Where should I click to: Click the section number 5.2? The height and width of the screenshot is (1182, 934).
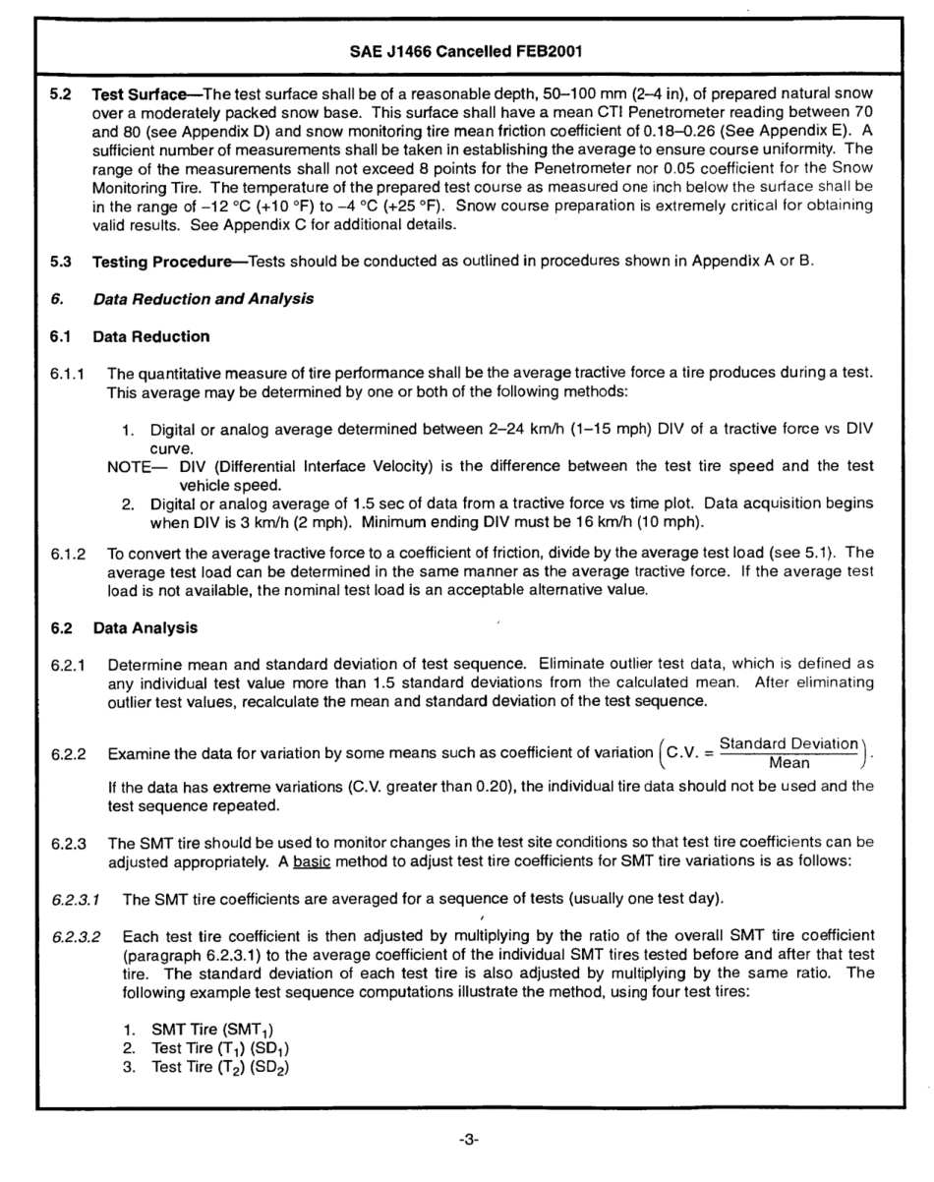click(x=62, y=98)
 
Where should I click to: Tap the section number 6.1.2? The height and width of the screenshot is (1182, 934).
click(x=68, y=556)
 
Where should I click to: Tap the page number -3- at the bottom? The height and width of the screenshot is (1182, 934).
click(x=468, y=1140)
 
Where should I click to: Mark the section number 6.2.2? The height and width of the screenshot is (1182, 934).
click(x=68, y=753)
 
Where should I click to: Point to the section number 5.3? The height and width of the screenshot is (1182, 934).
click(x=62, y=263)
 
